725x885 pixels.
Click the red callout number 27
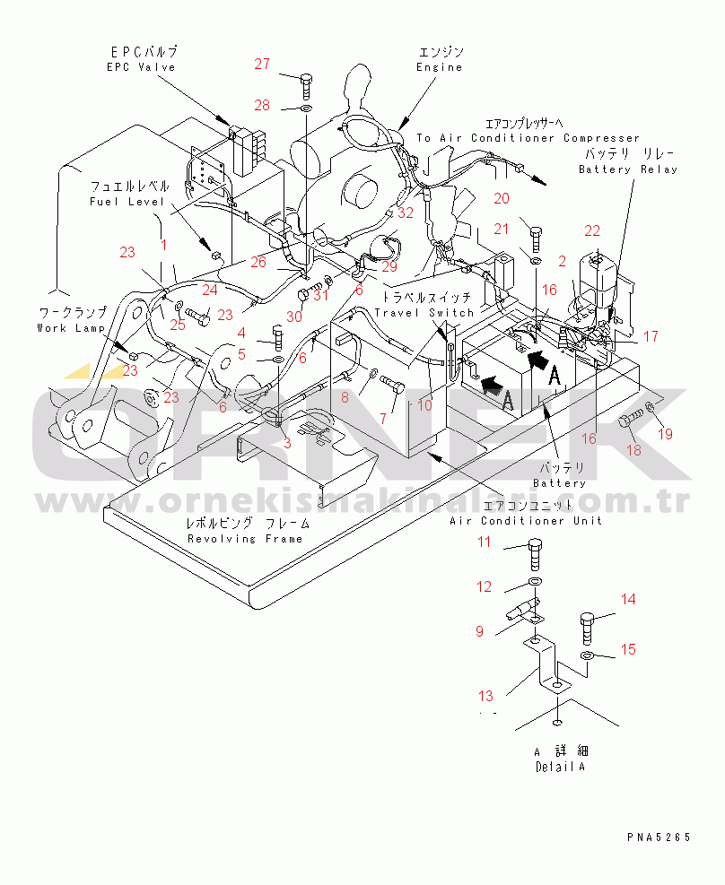261,64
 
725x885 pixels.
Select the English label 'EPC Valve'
141,67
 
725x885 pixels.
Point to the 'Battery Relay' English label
627,169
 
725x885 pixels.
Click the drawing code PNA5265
659,837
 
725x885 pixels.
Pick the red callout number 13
485,696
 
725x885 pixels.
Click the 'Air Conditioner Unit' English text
525,521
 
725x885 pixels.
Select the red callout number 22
592,232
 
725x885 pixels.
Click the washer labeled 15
586,657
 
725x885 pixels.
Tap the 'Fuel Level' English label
126,202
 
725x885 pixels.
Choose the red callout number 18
633,449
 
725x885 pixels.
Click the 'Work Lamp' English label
71,328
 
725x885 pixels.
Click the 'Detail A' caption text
561,768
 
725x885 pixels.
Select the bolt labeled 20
535,236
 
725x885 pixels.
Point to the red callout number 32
406,213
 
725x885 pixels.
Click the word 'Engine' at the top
440,67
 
